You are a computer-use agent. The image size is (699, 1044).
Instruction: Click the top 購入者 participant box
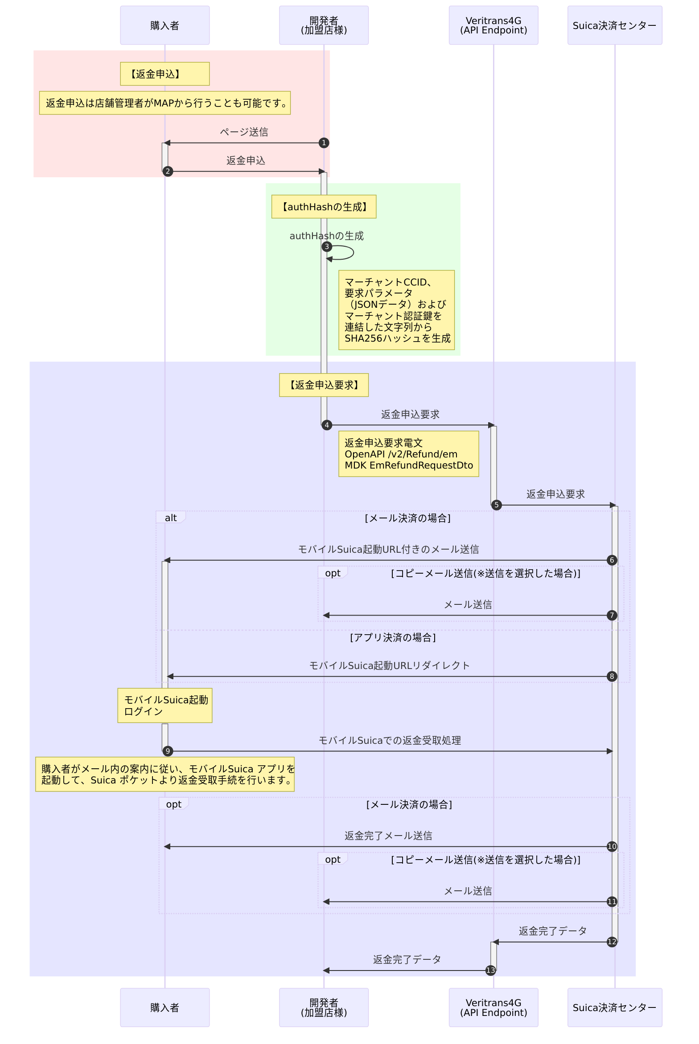click(164, 25)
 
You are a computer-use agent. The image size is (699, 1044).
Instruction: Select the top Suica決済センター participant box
click(614, 25)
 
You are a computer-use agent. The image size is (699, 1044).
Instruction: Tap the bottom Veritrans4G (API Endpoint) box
click(493, 1007)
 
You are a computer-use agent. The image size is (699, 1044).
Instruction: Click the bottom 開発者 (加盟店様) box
click(324, 1007)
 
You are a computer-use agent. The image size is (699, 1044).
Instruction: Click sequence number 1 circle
click(324, 143)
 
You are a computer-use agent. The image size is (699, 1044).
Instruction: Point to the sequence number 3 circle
click(327, 247)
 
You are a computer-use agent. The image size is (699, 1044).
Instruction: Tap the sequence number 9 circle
click(168, 751)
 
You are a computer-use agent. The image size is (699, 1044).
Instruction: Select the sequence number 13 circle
click(490, 970)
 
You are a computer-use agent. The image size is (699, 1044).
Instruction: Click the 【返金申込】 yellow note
click(164, 74)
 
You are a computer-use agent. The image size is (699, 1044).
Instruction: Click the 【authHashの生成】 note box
click(324, 207)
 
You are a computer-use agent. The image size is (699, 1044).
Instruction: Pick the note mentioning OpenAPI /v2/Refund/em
click(408, 454)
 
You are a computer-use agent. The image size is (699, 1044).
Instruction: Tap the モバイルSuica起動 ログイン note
click(164, 705)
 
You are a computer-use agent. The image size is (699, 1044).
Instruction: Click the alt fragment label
click(171, 518)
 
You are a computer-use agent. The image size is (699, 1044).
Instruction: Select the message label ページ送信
click(244, 132)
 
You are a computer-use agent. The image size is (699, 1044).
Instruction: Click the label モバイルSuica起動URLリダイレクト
click(389, 665)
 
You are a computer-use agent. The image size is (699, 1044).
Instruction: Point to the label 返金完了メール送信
click(388, 836)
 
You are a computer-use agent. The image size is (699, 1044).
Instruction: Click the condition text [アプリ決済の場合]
click(393, 637)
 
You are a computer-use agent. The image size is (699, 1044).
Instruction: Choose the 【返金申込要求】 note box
click(324, 385)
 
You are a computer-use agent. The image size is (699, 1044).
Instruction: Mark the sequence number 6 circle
click(612, 560)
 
